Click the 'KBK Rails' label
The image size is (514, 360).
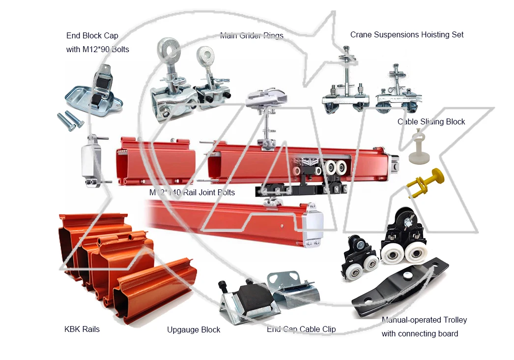click(82, 329)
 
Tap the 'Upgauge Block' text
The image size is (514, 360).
click(194, 330)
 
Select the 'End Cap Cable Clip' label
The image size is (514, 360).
click(301, 329)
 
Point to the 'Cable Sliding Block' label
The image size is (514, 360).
click(431, 121)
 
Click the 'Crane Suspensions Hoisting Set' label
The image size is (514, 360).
click(407, 34)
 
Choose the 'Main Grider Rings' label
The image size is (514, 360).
click(252, 35)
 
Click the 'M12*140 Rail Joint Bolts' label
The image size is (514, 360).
click(192, 192)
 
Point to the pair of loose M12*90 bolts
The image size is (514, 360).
click(71, 120)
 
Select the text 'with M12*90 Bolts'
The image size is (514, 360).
click(97, 49)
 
